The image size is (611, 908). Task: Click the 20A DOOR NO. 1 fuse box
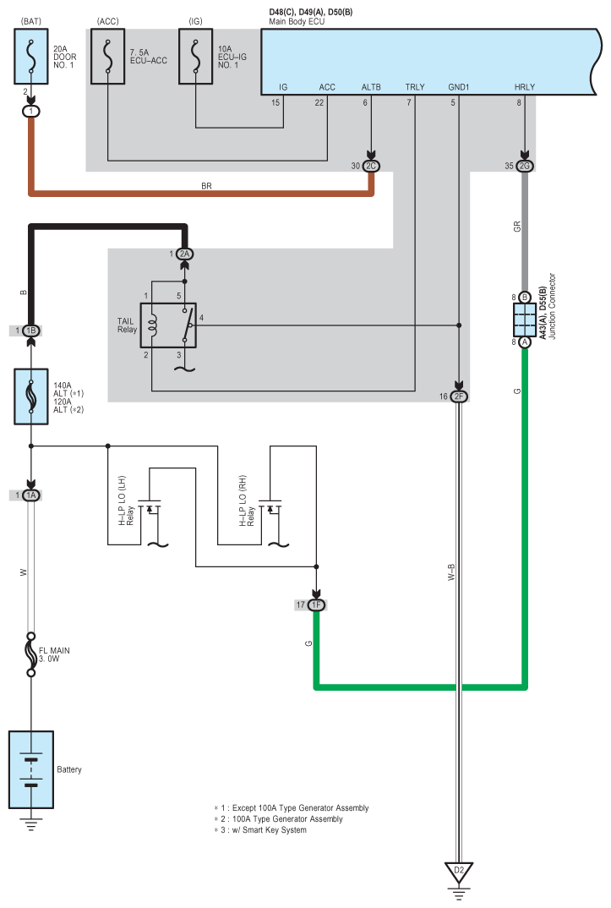pyautogui.click(x=31, y=56)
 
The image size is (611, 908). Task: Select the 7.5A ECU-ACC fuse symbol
pyautogui.click(x=107, y=56)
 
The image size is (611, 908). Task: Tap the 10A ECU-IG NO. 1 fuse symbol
pyautogui.click(x=195, y=56)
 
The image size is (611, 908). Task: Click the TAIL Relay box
pyautogui.click(x=168, y=325)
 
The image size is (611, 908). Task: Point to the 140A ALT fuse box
pyautogui.click(x=31, y=397)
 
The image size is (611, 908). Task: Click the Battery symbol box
pyautogui.click(x=31, y=769)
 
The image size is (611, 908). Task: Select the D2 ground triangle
pyautogui.click(x=459, y=872)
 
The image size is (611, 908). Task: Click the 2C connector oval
pyautogui.click(x=371, y=167)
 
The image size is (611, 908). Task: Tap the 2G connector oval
pyautogui.click(x=525, y=167)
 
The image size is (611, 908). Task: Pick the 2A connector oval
pyautogui.click(x=184, y=254)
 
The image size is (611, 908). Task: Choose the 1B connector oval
pyautogui.click(x=31, y=331)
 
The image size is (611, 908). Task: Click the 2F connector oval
pyautogui.click(x=459, y=397)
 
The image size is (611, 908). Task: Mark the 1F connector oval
pyautogui.click(x=316, y=605)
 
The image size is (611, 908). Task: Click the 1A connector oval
pyautogui.click(x=31, y=495)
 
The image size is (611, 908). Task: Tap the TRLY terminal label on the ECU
pyautogui.click(x=415, y=87)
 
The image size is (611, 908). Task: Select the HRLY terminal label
pyautogui.click(x=525, y=87)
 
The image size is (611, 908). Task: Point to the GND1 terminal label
pyautogui.click(x=459, y=87)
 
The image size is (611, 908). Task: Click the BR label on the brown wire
pyautogui.click(x=206, y=186)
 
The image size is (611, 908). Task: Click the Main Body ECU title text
pyautogui.click(x=297, y=21)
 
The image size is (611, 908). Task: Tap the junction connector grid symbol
pyautogui.click(x=525, y=320)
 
